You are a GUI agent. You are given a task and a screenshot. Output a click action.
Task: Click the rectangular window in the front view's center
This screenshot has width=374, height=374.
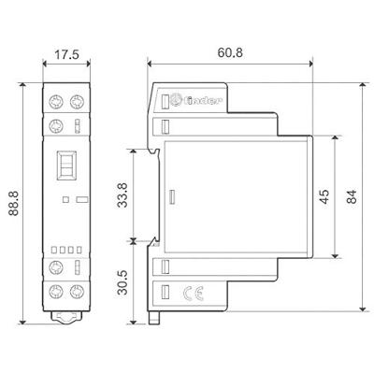click(66, 165)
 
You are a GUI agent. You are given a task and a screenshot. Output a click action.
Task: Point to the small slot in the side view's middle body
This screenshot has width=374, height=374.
click(171, 197)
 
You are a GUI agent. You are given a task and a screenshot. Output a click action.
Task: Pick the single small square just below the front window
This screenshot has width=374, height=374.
click(62, 198)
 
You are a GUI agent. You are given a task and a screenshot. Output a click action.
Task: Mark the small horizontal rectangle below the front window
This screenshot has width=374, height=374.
click(79, 198)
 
